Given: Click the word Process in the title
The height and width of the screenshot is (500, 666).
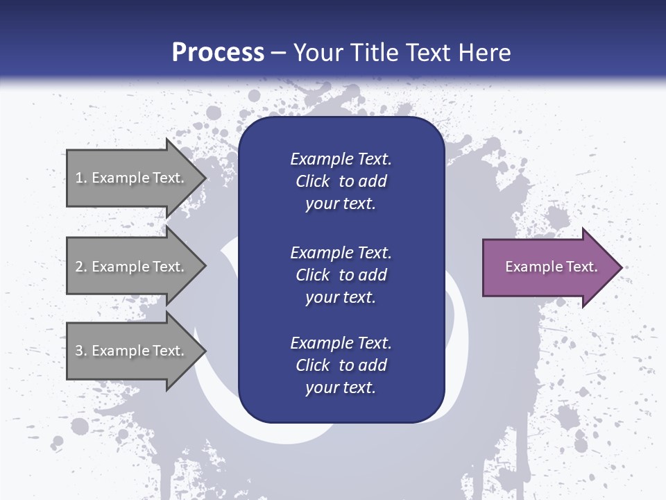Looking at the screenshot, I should pyautogui.click(x=218, y=53).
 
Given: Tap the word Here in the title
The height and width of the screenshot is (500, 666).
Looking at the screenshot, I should pyautogui.click(x=483, y=53).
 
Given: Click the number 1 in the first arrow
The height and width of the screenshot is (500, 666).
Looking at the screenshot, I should pyautogui.click(x=79, y=178).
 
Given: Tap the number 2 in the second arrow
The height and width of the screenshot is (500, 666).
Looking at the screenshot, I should pyautogui.click(x=79, y=267).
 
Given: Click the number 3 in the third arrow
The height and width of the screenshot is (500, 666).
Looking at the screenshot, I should pyautogui.click(x=79, y=351).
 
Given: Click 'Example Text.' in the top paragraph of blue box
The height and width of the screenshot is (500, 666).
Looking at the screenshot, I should pyautogui.click(x=341, y=159).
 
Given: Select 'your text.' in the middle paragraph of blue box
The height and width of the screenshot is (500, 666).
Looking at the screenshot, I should pyautogui.click(x=341, y=297).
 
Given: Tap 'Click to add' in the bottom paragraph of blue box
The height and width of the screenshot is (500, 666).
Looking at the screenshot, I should pyautogui.click(x=341, y=365).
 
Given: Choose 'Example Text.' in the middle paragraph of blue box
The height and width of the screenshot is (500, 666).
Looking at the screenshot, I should pyautogui.click(x=341, y=253).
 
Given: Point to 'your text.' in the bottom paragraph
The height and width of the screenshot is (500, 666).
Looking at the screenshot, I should pyautogui.click(x=341, y=387).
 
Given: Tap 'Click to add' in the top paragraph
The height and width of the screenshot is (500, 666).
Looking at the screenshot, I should pyautogui.click(x=341, y=181).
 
